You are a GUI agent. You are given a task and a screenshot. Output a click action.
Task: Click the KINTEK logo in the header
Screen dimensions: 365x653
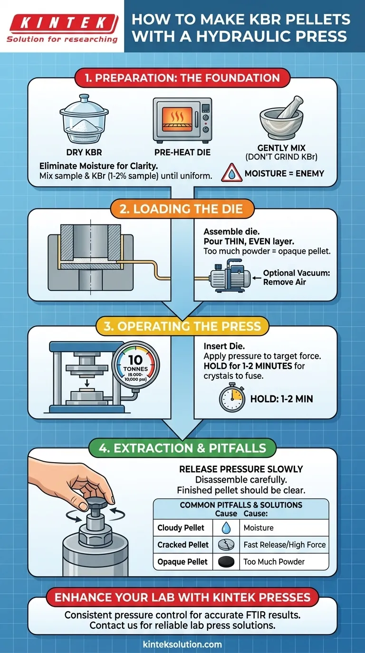click(62, 28)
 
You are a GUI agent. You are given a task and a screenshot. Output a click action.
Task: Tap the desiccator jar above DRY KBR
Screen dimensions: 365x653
click(84, 119)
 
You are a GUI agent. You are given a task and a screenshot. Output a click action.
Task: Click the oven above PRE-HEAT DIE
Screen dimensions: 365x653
click(182, 121)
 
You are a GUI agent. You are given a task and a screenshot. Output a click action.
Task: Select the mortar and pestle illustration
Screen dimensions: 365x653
click(281, 118)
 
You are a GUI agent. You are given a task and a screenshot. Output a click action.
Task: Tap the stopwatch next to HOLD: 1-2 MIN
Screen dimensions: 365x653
click(232, 397)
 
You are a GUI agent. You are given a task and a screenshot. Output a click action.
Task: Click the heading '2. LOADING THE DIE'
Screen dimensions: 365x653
click(182, 209)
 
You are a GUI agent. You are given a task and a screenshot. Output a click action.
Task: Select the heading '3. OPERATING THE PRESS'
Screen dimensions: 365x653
click(182, 326)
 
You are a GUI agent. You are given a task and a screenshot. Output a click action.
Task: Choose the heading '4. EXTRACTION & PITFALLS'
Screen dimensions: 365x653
click(182, 448)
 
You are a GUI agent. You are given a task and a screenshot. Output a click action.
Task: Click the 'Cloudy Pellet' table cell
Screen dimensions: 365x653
click(181, 528)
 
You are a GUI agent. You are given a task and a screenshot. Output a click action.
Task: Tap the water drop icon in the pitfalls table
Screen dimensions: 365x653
click(226, 527)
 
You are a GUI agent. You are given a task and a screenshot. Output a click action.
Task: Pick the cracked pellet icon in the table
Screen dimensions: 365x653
click(226, 544)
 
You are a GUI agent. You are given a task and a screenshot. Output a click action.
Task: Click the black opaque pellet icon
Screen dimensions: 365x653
click(226, 561)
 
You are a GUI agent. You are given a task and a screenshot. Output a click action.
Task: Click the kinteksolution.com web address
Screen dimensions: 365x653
click(182, 644)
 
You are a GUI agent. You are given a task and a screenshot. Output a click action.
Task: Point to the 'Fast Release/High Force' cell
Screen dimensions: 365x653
click(284, 544)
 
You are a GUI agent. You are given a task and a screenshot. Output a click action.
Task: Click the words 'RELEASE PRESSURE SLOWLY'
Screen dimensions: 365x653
click(241, 469)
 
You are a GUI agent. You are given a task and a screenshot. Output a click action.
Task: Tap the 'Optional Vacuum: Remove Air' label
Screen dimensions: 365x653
click(297, 277)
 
